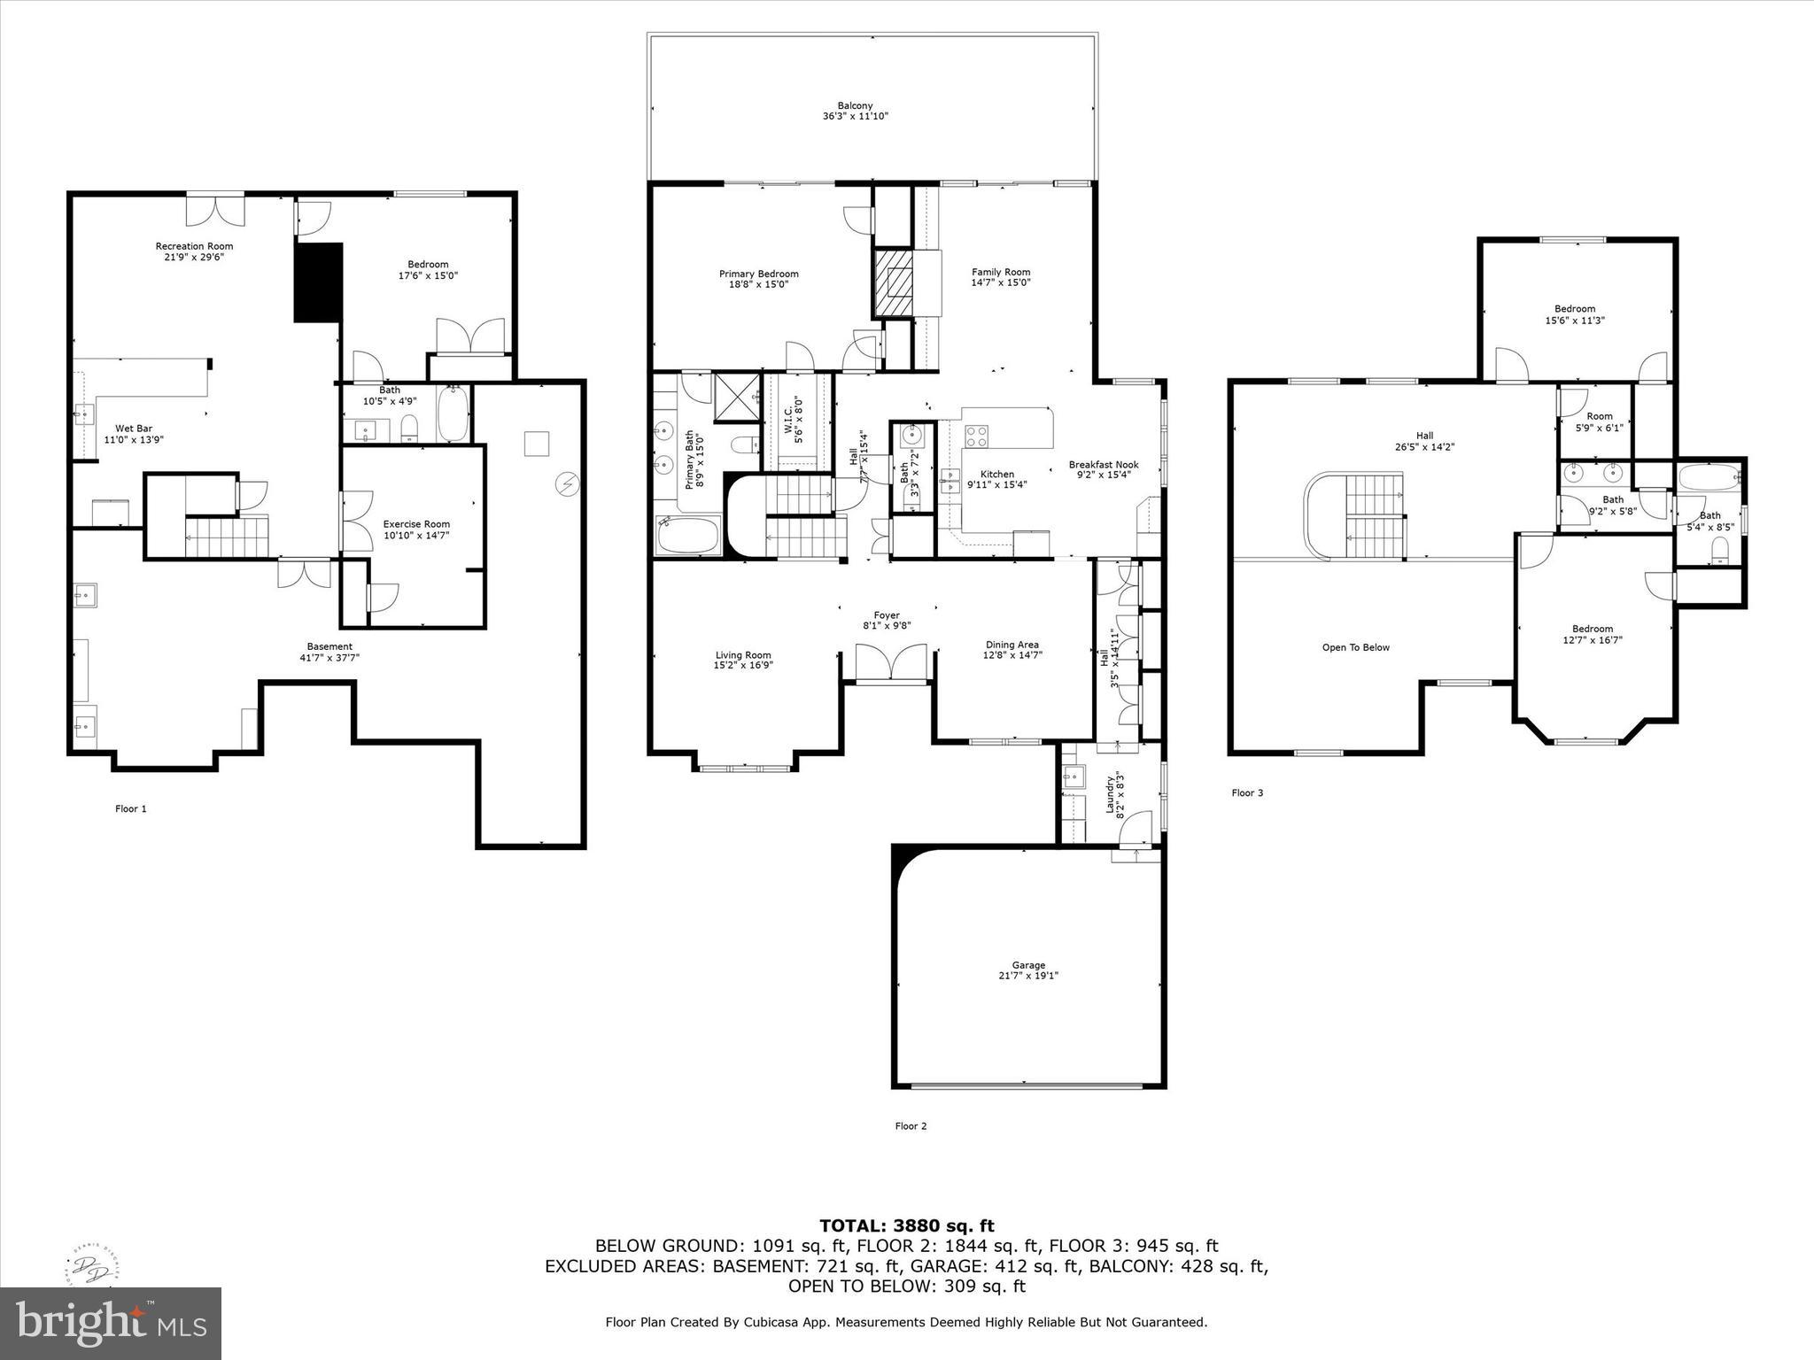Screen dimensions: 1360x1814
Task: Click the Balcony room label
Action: (855, 105)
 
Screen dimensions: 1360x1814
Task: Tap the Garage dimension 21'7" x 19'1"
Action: (1028, 976)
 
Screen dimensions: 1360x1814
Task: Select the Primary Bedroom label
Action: (758, 274)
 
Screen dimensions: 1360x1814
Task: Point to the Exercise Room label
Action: (416, 524)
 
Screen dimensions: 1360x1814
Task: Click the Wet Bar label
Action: (134, 429)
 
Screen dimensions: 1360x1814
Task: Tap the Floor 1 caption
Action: (131, 808)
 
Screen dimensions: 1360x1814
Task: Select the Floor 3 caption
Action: (1247, 792)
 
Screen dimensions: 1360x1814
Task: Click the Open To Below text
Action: (1355, 647)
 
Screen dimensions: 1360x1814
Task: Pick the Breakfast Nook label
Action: (1103, 465)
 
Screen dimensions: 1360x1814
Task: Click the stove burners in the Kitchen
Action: (976, 436)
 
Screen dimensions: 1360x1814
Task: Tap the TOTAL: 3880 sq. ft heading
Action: (906, 1225)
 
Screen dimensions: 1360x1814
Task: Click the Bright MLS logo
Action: (111, 1323)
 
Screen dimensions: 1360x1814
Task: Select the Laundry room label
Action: (1108, 794)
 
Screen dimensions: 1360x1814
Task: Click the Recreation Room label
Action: (194, 246)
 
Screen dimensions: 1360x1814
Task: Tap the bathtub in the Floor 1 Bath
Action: (453, 414)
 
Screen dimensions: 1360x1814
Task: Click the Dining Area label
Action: (1012, 645)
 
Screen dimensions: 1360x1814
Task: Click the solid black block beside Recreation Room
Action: (319, 282)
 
